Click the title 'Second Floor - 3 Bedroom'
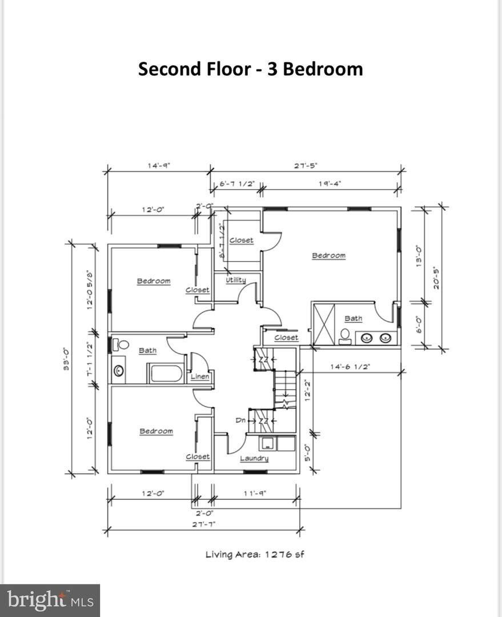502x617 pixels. (250, 69)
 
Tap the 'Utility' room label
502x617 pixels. (236, 280)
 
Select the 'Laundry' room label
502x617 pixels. (254, 458)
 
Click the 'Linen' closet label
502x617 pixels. (200, 376)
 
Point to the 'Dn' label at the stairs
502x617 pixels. (240, 420)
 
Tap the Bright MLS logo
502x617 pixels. (50, 600)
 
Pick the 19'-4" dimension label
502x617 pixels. (330, 183)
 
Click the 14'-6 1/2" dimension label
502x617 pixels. (350, 366)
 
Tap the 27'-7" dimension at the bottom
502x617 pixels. (203, 524)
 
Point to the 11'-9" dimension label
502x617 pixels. (254, 493)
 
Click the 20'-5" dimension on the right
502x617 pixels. (436, 278)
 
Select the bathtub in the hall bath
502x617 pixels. (166, 374)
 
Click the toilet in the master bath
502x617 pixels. (345, 336)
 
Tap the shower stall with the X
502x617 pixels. (325, 324)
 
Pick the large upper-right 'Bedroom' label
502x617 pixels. (328, 255)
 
